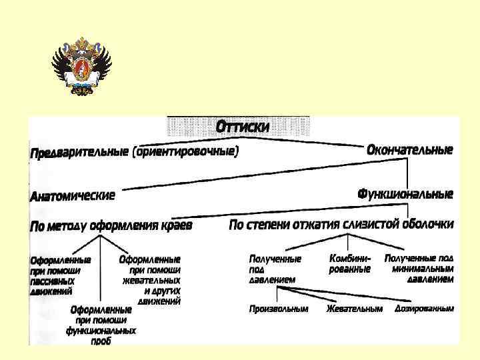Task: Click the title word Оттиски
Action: (x=243, y=126)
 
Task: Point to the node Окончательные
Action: (x=409, y=150)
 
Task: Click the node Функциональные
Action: (x=405, y=194)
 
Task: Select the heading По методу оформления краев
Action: (x=111, y=226)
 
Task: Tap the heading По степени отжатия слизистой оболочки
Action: (x=341, y=225)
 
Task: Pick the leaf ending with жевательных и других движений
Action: (x=150, y=280)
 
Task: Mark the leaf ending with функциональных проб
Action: (x=101, y=325)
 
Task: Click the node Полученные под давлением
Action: (x=274, y=269)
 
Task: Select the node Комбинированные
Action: (x=350, y=263)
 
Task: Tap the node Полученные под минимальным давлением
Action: (x=420, y=268)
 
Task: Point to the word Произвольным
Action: (x=279, y=309)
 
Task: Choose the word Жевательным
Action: (x=354, y=309)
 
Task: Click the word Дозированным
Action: (x=424, y=309)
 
